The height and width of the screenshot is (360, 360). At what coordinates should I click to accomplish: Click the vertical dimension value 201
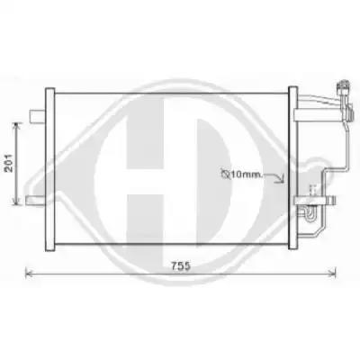(x=10, y=163)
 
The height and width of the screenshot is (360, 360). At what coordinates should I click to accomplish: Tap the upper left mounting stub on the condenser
(x=37, y=116)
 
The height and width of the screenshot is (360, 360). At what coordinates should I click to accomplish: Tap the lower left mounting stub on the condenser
(x=35, y=201)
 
